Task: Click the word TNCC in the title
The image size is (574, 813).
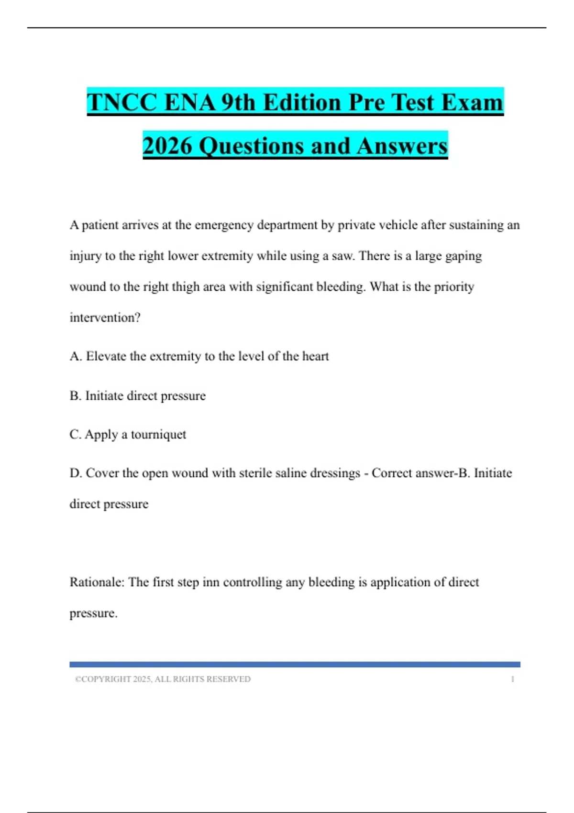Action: [122, 102]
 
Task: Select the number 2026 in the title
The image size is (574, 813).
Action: [167, 146]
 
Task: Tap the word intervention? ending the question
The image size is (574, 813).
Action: [105, 318]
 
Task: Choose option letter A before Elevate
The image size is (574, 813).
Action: [76, 356]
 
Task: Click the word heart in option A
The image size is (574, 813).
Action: [315, 356]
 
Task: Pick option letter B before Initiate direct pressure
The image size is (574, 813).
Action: [75, 396]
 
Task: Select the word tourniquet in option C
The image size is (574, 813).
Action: [158, 435]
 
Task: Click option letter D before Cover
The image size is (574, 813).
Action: [76, 473]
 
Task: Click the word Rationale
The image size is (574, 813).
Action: [97, 582]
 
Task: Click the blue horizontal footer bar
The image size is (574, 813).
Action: [295, 664]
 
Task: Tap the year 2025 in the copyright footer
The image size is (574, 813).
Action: [142, 679]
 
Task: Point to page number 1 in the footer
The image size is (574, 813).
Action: [512, 679]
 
